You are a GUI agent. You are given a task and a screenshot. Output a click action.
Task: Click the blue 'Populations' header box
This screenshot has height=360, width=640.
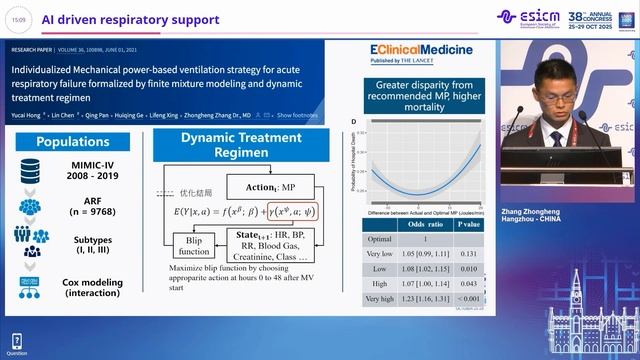pyautogui.click(x=72, y=142)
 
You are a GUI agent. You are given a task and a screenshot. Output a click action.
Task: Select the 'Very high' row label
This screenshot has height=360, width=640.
pyautogui.click(x=379, y=299)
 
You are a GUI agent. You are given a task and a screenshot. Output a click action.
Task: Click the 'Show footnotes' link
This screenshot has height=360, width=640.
pyautogui.click(x=298, y=116)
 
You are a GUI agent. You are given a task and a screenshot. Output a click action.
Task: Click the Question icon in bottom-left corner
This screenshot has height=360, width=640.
pyautogui.click(x=16, y=343)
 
